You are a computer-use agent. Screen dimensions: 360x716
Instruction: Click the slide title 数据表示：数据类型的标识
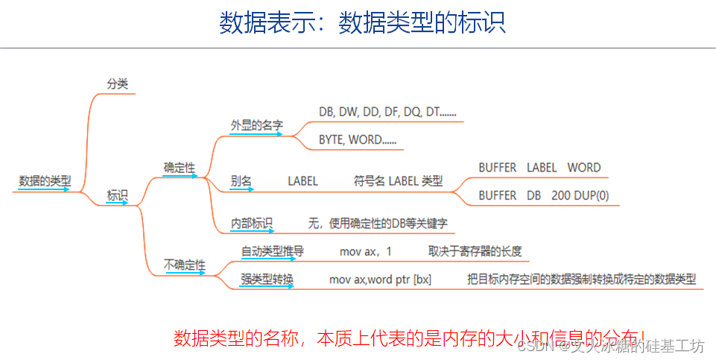pyautogui.click(x=362, y=23)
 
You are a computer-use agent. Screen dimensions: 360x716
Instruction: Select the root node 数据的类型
pyautogui.click(x=45, y=180)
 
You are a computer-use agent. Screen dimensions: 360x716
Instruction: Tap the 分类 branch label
pyautogui.click(x=118, y=84)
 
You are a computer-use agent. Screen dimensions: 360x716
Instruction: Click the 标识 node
pyautogui.click(x=118, y=195)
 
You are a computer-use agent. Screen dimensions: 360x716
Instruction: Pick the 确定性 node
pyautogui.click(x=180, y=168)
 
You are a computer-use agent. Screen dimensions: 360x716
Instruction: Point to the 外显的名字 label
pyautogui.click(x=256, y=125)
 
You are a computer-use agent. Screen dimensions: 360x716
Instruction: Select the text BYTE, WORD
pyautogui.click(x=358, y=139)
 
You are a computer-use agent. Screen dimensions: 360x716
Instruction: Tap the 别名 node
pyautogui.click(x=241, y=180)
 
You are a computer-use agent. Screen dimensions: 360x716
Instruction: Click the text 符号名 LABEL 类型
pyautogui.click(x=398, y=180)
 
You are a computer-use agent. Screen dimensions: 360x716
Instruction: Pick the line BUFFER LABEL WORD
pyautogui.click(x=539, y=168)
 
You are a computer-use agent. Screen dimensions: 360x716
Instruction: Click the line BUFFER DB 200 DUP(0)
pyautogui.click(x=543, y=195)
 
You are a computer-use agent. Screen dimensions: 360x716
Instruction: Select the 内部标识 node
pyautogui.click(x=251, y=222)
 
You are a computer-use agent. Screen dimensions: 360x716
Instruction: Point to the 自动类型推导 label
pyautogui.click(x=272, y=251)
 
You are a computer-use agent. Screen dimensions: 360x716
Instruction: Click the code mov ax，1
pyautogui.click(x=365, y=251)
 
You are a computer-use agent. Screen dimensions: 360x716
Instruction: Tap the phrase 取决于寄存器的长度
pyautogui.click(x=475, y=251)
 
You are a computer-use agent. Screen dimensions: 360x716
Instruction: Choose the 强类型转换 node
pyautogui.click(x=267, y=280)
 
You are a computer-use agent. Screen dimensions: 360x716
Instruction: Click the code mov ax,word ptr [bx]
pyautogui.click(x=380, y=280)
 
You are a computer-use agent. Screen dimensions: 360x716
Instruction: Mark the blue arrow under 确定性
pyautogui.click(x=180, y=177)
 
